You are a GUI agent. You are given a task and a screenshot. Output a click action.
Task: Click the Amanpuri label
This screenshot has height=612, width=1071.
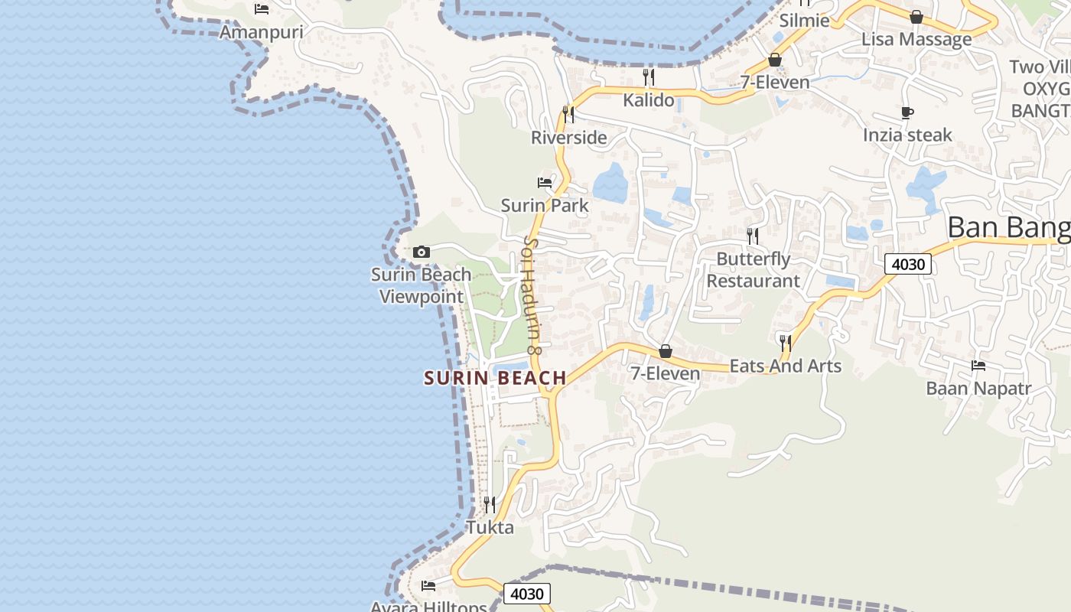(x=262, y=32)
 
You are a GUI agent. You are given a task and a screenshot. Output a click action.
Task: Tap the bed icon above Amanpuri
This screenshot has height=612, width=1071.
(x=262, y=9)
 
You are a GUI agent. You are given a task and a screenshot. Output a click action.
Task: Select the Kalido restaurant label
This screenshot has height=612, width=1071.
(x=649, y=100)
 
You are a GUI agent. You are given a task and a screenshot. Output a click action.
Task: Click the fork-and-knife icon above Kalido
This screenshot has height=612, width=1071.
(x=649, y=76)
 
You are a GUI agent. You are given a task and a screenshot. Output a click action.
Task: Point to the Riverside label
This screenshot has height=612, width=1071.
(x=569, y=138)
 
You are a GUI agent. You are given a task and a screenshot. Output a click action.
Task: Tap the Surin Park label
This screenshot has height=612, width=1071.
(x=545, y=205)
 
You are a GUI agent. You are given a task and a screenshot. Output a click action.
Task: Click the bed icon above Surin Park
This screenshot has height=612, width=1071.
(x=545, y=182)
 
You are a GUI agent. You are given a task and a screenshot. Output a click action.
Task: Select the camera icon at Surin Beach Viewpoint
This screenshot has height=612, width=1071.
(x=421, y=252)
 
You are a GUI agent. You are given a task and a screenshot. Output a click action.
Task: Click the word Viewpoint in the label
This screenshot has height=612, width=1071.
(x=422, y=297)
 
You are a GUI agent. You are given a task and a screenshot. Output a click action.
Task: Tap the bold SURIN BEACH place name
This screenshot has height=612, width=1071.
(x=495, y=378)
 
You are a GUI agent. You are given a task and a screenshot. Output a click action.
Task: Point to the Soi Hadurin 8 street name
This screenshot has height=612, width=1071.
(x=532, y=295)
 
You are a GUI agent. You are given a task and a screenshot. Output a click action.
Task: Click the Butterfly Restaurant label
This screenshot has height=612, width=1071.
(x=753, y=270)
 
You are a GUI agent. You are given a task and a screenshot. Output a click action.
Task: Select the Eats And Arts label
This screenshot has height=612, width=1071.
(x=786, y=366)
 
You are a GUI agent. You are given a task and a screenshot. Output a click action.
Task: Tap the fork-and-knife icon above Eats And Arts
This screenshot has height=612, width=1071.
(x=785, y=342)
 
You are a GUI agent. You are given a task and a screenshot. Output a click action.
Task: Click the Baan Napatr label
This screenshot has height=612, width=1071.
(x=978, y=389)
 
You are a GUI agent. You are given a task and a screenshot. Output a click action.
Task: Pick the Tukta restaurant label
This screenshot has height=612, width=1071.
(x=490, y=528)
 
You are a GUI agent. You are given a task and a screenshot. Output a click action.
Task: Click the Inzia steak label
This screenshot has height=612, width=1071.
(x=907, y=135)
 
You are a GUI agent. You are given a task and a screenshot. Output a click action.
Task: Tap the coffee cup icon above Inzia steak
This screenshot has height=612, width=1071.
(x=907, y=113)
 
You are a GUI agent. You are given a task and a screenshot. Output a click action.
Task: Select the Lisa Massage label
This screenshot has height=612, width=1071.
(x=916, y=39)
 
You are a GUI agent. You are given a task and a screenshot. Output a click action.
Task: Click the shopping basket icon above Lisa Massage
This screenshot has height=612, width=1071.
(x=916, y=17)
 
